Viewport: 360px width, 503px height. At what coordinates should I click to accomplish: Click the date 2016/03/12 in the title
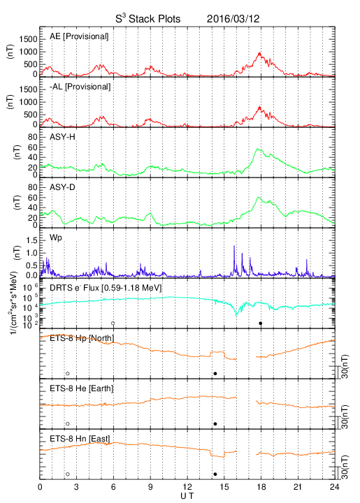pos(233,19)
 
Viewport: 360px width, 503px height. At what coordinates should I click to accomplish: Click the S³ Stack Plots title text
pos(148,19)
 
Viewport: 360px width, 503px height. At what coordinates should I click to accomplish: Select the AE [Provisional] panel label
pos(79,36)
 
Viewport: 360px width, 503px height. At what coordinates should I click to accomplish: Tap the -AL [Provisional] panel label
pos(80,87)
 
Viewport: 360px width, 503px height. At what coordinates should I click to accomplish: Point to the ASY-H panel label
pos(62,137)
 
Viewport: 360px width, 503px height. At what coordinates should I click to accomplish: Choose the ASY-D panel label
pos(62,187)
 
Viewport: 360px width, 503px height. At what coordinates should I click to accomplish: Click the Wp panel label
pos(56,238)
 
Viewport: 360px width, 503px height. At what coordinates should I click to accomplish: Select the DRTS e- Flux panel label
pos(106,288)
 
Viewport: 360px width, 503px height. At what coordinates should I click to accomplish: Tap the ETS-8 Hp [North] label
pos(82,338)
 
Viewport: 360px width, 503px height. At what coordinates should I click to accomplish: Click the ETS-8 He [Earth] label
pos(82,388)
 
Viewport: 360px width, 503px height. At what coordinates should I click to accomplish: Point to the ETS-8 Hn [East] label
pos(80,439)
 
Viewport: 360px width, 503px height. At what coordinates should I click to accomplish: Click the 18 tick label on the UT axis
pos(261,487)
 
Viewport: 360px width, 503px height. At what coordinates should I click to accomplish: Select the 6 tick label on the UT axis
pos(113,487)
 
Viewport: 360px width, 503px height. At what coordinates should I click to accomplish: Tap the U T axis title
pos(187,496)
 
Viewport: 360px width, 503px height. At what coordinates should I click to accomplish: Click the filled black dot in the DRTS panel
pos(261,323)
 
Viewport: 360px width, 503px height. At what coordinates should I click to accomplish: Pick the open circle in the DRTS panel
pos(113,323)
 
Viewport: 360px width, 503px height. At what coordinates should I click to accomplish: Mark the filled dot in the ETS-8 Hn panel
pos(215,474)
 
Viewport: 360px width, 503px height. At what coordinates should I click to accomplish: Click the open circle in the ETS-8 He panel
pos(68,424)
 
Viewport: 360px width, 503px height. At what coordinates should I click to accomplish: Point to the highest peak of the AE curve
pos(259,52)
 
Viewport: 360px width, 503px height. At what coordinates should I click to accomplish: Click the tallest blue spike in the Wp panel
pos(234,246)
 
